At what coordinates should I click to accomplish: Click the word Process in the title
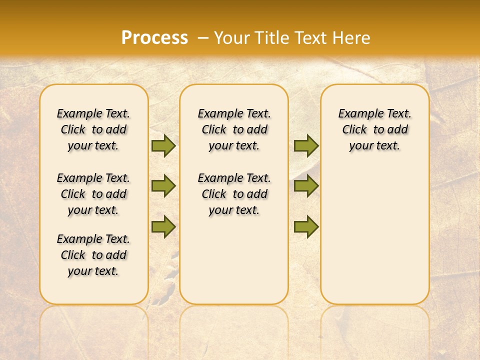[154, 37]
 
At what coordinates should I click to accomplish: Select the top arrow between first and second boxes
[163, 145]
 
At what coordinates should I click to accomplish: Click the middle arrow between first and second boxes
[163, 186]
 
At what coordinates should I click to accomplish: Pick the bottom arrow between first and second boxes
[163, 226]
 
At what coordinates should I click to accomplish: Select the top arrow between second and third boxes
[306, 145]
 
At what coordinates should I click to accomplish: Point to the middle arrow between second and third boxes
[306, 186]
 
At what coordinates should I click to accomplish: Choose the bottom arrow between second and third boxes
[306, 226]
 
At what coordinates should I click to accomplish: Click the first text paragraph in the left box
[93, 129]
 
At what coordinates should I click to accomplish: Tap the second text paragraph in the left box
[93, 194]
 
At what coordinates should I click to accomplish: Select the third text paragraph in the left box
[93, 255]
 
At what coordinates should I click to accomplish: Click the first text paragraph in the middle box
[234, 129]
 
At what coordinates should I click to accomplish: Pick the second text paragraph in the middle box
[234, 194]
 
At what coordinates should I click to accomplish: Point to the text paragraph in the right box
[375, 129]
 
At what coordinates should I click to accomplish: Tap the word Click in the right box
[354, 129]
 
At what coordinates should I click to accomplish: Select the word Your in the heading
[232, 37]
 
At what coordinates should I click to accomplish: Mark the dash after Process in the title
[203, 37]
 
